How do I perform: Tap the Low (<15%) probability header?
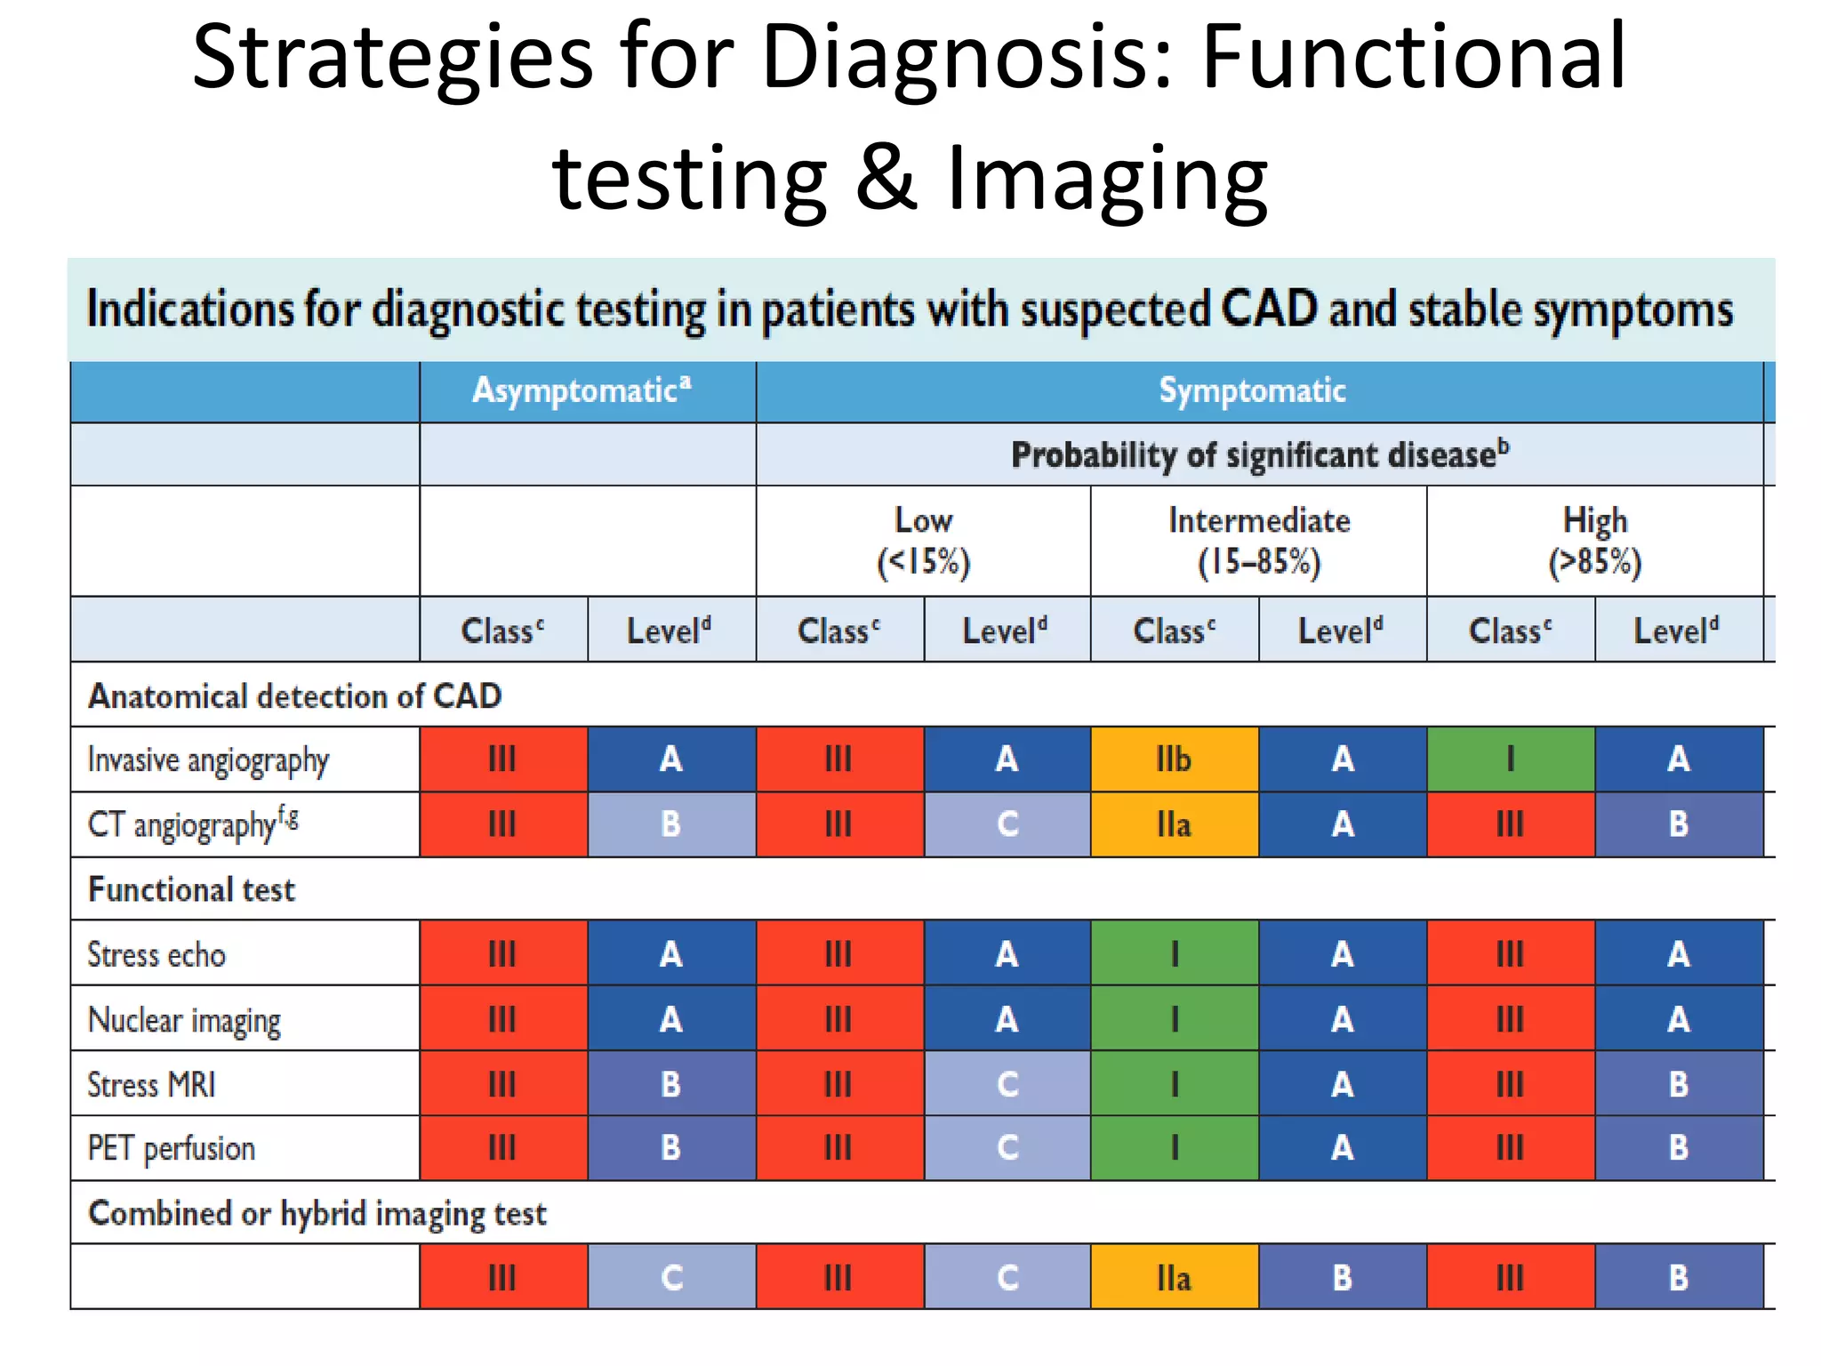[x=923, y=541]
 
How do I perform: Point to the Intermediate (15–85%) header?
[x=1259, y=541]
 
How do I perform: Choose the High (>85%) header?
[x=1595, y=541]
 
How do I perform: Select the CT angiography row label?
[x=192, y=824]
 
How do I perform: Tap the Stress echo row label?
[x=156, y=954]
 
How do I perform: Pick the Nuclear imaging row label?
[x=184, y=1020]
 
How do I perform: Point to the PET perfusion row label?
[x=171, y=1148]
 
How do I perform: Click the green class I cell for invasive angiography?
[x=1510, y=759]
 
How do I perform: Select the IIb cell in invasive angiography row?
[x=1174, y=759]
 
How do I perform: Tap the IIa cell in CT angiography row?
[x=1174, y=824]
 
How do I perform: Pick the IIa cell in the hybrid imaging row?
[x=1174, y=1278]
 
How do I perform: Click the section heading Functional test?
[x=191, y=889]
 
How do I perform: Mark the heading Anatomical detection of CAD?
[x=294, y=695]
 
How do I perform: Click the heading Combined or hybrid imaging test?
[x=317, y=1213]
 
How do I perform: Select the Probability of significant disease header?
[x=1259, y=454]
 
